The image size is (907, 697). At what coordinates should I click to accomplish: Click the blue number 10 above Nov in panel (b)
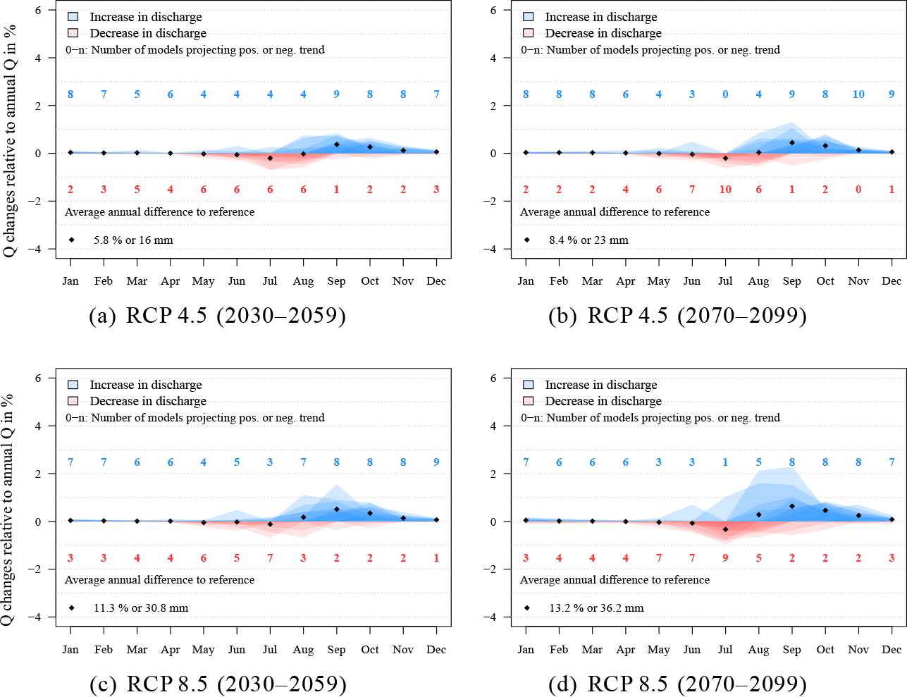pos(858,94)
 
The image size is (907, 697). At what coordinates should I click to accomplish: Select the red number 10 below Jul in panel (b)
pos(725,190)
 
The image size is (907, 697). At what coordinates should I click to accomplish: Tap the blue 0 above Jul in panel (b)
pos(725,94)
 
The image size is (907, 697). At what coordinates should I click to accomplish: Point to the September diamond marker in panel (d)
pos(792,506)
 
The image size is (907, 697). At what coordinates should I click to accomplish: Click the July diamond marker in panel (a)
pos(270,158)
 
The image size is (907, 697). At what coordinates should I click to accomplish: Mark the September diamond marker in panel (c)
pos(337,509)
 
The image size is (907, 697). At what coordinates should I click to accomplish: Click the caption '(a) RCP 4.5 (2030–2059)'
pos(217,315)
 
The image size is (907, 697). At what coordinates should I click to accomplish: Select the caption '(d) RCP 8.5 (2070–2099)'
pos(677,684)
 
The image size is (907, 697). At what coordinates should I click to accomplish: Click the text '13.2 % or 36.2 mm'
pos(596,608)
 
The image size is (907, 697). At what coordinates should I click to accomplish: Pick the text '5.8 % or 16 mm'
pos(133,240)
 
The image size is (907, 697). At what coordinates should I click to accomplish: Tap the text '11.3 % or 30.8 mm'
pos(141,608)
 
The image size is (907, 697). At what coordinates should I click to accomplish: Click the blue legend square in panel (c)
pos(73,385)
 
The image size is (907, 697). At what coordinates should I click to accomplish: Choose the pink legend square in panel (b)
pos(528,33)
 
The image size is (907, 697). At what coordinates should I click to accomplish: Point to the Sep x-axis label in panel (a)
pos(336,281)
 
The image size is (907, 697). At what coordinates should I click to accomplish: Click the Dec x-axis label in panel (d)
pos(891,650)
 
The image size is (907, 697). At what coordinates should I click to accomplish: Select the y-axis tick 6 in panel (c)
pos(39,378)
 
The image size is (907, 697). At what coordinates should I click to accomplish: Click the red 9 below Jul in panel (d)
pos(725,558)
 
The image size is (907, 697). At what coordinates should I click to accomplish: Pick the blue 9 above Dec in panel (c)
pos(436,462)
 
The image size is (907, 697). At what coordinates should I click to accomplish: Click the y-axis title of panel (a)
pos(10,141)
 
